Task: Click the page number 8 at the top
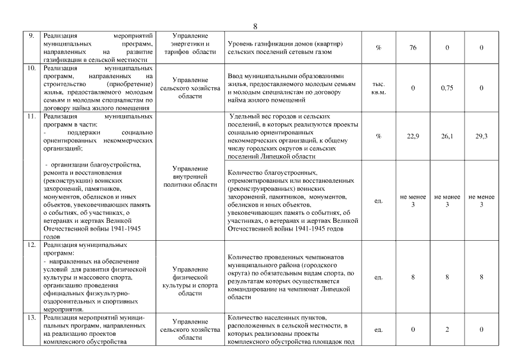pos(255,26)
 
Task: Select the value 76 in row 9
pos(413,48)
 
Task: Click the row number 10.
pos(32,67)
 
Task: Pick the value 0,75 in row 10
pos(447,88)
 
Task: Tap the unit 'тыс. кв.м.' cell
pos(379,88)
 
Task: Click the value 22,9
pos(413,136)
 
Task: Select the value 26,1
pos(447,136)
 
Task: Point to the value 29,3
pos(481,136)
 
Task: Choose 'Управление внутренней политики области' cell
pos(190,176)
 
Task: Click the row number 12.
pos(32,245)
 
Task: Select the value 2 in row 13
pos(447,329)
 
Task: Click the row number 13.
pos(32,318)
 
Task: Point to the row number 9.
pos(32,35)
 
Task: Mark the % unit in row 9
pos(379,48)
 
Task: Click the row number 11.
pos(32,116)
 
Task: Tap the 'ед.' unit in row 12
pos(379,277)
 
